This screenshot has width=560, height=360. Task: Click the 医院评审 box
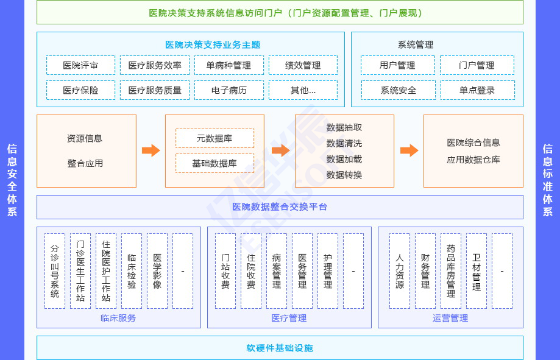coord(80,65)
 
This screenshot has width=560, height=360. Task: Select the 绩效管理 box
coord(303,65)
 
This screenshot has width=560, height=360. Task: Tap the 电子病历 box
coord(229,90)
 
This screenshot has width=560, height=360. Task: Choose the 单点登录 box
coord(477,90)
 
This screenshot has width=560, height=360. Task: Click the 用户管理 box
coord(397,65)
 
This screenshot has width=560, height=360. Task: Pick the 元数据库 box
coord(214,138)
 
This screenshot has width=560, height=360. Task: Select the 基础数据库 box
coord(214,163)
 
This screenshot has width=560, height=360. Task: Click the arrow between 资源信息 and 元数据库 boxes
coord(151,150)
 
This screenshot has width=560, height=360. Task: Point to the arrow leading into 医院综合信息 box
coord(409,150)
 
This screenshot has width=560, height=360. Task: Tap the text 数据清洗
coord(344,143)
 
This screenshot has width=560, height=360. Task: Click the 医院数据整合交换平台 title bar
coord(280,207)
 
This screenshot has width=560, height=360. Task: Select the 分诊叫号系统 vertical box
coord(55,271)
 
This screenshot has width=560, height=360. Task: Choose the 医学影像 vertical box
coord(157,271)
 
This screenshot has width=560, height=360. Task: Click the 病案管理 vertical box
coord(277,271)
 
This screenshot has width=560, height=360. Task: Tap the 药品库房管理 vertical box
coord(451,271)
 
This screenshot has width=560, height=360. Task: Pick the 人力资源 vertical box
coord(400,271)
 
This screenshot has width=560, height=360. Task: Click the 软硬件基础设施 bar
coord(280,348)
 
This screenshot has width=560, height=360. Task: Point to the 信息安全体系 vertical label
coord(12,180)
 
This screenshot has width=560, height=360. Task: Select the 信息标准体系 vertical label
coord(548,180)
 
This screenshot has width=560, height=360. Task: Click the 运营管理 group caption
coord(450,318)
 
